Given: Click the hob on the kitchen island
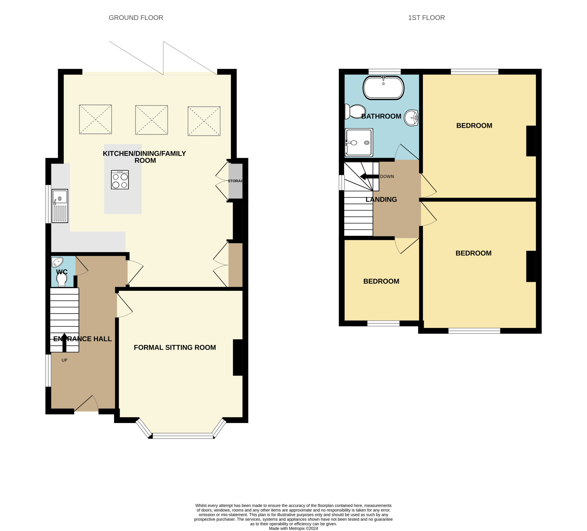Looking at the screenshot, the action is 120,180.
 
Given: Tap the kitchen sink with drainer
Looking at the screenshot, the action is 60,206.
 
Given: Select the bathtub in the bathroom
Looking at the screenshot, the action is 383,88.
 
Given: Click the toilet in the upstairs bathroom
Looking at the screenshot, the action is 355,111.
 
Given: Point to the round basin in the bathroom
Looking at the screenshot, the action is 411,118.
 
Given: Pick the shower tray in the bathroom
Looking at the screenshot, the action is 359,142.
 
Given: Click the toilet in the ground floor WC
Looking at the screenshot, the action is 61,280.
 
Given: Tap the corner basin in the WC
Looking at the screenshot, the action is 57,262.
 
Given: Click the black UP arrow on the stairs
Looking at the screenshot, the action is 64,342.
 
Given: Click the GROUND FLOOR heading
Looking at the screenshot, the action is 136,18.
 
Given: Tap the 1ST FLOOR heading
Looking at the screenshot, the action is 426,18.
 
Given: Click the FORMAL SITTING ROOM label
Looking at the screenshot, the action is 175,348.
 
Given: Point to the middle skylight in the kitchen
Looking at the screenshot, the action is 151,120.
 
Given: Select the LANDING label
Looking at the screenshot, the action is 381,200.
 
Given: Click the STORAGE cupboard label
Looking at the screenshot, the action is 235,181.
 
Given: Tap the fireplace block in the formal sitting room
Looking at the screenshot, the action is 238,357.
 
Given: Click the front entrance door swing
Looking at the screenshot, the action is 86,403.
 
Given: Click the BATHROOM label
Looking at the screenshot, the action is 381,116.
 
